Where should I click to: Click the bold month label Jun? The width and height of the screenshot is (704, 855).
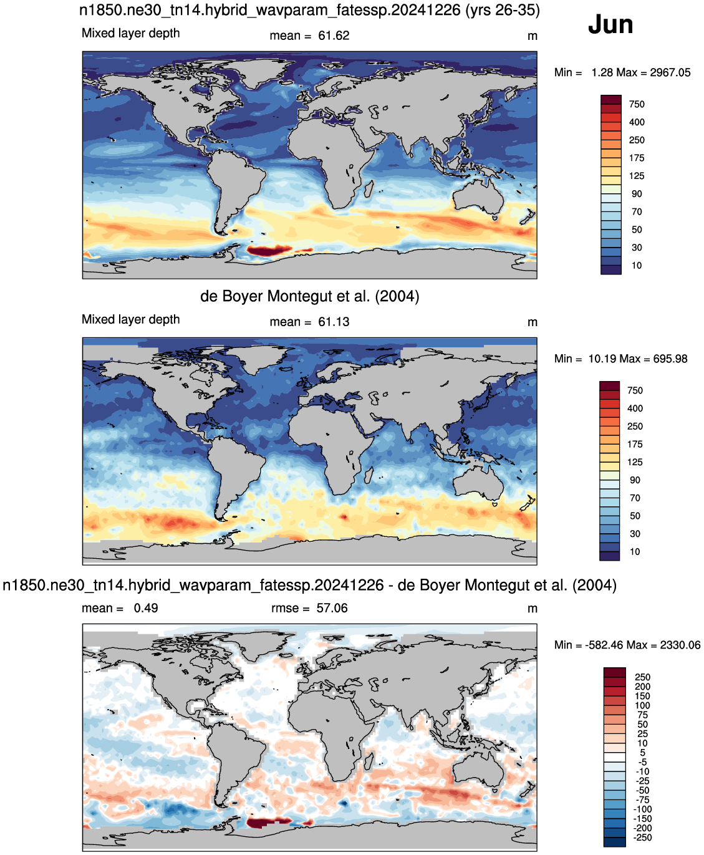tap(610, 25)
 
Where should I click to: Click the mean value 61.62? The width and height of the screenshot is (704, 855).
tap(334, 36)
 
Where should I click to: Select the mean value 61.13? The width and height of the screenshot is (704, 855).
tap(334, 322)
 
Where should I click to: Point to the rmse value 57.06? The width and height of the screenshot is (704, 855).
tap(332, 608)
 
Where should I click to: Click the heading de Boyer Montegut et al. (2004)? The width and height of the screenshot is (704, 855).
tap(310, 296)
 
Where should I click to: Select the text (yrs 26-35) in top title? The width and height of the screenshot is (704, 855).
tap(503, 10)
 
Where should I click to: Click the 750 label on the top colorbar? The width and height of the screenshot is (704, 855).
tap(637, 104)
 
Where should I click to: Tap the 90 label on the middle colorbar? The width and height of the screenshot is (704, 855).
tap(635, 480)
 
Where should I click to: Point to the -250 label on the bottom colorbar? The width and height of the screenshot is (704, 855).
tap(642, 838)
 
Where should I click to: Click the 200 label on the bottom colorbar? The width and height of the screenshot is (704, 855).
tap(642, 687)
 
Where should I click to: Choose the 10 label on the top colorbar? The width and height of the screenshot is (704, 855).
tap(637, 265)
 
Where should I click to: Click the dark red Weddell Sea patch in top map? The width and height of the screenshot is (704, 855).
tap(267, 251)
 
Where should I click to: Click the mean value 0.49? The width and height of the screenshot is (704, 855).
tap(146, 608)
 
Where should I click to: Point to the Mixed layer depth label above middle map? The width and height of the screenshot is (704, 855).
tap(131, 319)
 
